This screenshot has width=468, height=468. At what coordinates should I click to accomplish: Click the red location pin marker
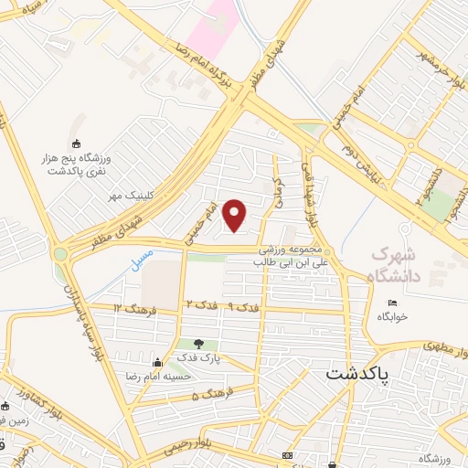click(x=236, y=215)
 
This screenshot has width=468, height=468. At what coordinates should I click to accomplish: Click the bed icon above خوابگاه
click(x=393, y=303)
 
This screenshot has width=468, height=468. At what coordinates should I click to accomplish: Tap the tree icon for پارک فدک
click(x=198, y=344)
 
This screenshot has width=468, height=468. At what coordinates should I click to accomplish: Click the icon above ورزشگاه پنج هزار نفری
click(x=76, y=144)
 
